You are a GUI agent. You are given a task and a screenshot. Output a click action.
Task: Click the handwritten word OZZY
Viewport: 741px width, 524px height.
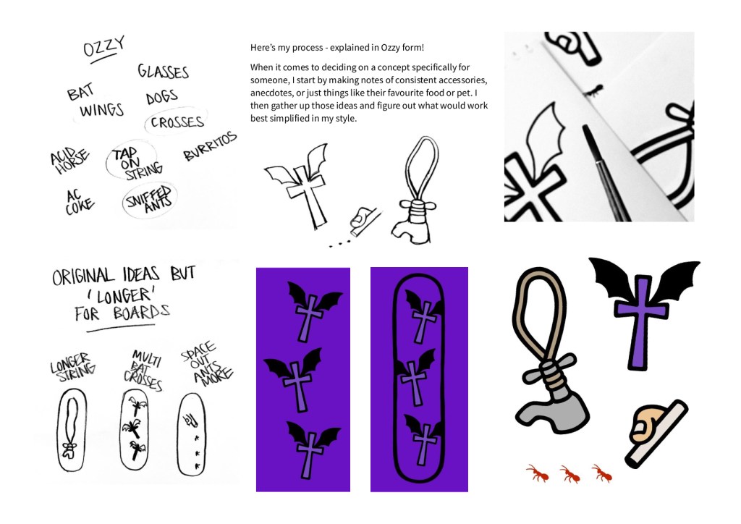click(103, 46)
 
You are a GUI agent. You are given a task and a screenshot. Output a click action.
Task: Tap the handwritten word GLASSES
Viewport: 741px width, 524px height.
click(163, 72)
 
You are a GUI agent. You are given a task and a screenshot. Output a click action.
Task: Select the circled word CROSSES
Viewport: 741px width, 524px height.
click(177, 122)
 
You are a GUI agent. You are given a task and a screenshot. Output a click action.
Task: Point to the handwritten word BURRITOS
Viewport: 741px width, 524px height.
click(210, 146)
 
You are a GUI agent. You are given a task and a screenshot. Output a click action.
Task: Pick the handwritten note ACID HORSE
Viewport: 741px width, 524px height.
click(70, 160)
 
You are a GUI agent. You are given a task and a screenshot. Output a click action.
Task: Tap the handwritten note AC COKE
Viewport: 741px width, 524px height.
click(79, 202)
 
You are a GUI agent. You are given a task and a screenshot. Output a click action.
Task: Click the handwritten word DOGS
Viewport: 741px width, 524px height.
click(161, 97)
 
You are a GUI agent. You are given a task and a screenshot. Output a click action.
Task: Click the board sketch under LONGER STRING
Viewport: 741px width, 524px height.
click(72, 430)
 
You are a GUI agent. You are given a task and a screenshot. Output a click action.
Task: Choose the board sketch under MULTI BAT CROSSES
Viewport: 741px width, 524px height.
click(134, 432)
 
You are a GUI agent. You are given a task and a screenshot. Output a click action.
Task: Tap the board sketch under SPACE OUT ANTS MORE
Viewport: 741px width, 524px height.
click(191, 435)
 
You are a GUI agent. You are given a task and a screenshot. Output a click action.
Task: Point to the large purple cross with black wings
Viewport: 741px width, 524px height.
click(643, 312)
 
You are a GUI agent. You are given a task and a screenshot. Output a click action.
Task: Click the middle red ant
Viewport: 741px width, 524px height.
click(570, 474)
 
